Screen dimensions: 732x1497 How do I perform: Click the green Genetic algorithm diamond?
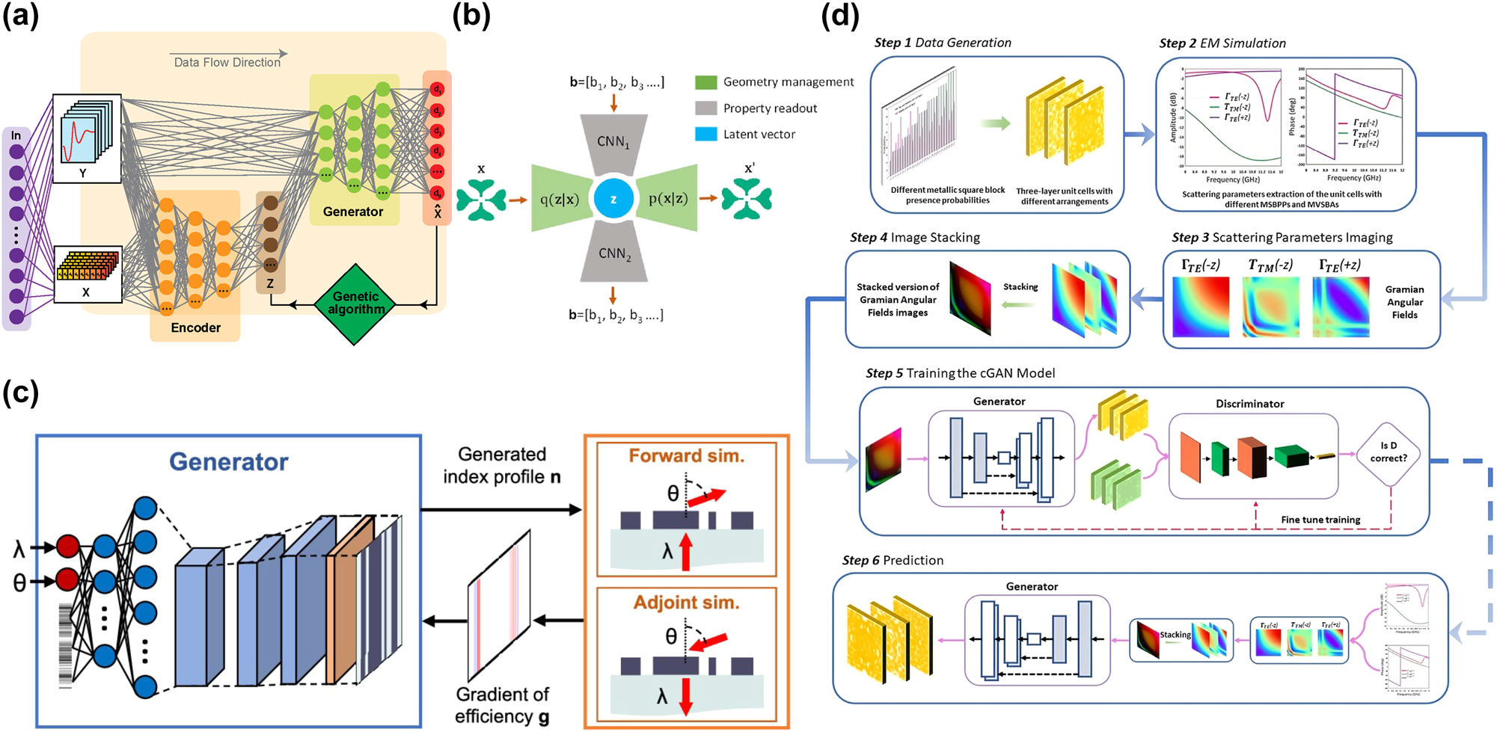point(355,304)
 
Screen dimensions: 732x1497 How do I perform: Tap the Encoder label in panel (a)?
point(195,327)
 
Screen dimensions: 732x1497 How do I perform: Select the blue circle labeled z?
point(613,199)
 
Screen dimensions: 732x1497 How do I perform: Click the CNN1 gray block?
point(613,143)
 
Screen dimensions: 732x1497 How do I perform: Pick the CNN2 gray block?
point(614,254)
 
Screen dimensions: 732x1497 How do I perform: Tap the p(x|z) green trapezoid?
point(667,199)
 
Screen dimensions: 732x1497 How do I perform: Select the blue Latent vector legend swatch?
point(705,135)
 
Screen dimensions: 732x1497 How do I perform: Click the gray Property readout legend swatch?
point(705,108)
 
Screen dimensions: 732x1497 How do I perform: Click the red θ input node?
point(68,579)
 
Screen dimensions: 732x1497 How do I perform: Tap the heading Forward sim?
point(686,456)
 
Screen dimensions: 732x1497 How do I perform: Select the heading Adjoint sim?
point(686,603)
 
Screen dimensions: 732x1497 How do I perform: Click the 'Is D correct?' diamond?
point(1389,452)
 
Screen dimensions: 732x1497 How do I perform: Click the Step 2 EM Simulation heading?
point(1222,43)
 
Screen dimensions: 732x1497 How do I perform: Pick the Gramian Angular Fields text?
point(1404,302)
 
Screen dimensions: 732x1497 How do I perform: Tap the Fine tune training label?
point(1320,520)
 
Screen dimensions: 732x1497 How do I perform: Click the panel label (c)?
point(21,393)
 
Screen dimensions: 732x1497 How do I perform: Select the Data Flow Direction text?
point(227,63)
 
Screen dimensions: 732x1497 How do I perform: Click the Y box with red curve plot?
point(87,138)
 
